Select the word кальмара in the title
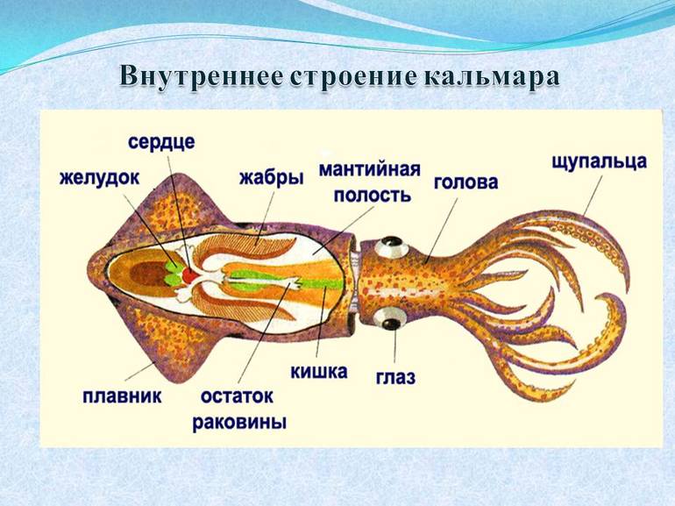[x=494, y=76]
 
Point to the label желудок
[x=99, y=177]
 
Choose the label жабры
[x=271, y=178]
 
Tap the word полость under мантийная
[x=371, y=194]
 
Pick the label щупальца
[x=600, y=161]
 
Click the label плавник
[x=122, y=396]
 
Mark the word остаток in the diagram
[x=238, y=396]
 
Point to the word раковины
[x=240, y=422]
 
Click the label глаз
[x=395, y=377]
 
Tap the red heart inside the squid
[x=188, y=275]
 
